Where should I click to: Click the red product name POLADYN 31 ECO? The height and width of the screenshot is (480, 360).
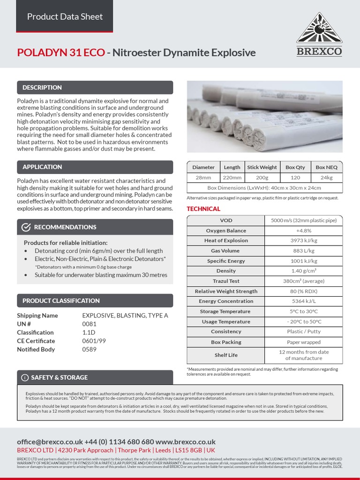(x=61, y=52)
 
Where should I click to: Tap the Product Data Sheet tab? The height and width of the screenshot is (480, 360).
(x=65, y=16)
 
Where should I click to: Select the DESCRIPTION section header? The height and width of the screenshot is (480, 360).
(x=42, y=88)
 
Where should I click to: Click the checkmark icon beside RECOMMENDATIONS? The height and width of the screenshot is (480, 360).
(x=26, y=227)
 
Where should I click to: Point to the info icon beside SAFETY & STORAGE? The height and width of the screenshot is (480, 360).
(x=24, y=377)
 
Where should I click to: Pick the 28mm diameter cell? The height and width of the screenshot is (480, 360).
(x=203, y=178)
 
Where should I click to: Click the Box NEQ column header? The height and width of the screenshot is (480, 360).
(x=327, y=167)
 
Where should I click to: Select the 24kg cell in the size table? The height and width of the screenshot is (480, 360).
(x=327, y=178)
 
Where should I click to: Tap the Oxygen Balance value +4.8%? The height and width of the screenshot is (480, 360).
(x=304, y=231)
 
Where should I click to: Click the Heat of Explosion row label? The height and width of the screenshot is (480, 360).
(x=226, y=240)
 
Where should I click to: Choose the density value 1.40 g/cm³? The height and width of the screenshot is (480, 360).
(x=304, y=271)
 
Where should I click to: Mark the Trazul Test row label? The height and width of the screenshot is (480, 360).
(x=226, y=281)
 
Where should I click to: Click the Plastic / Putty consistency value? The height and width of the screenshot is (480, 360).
(x=304, y=331)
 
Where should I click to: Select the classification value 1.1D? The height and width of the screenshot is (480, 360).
(x=89, y=332)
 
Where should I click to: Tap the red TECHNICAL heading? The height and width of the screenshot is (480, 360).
(x=203, y=209)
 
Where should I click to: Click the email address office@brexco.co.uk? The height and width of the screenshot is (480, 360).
(x=50, y=442)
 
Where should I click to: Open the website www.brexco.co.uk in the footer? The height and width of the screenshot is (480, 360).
(x=185, y=442)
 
